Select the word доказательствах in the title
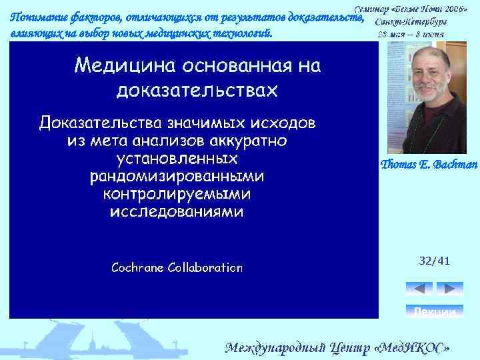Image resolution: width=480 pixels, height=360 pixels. pos(197,90)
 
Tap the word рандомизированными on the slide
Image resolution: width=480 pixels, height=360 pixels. pos(177,177)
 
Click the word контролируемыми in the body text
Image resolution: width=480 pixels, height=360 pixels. pos(177,194)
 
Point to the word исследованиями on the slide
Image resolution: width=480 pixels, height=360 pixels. pos(177,212)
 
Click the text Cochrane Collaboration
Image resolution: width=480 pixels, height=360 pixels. pos(177,268)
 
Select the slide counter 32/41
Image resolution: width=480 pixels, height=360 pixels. pos(434,261)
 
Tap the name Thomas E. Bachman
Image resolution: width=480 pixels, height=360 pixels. pos(429,165)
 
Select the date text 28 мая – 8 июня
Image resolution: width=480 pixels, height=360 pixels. pos(411,34)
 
